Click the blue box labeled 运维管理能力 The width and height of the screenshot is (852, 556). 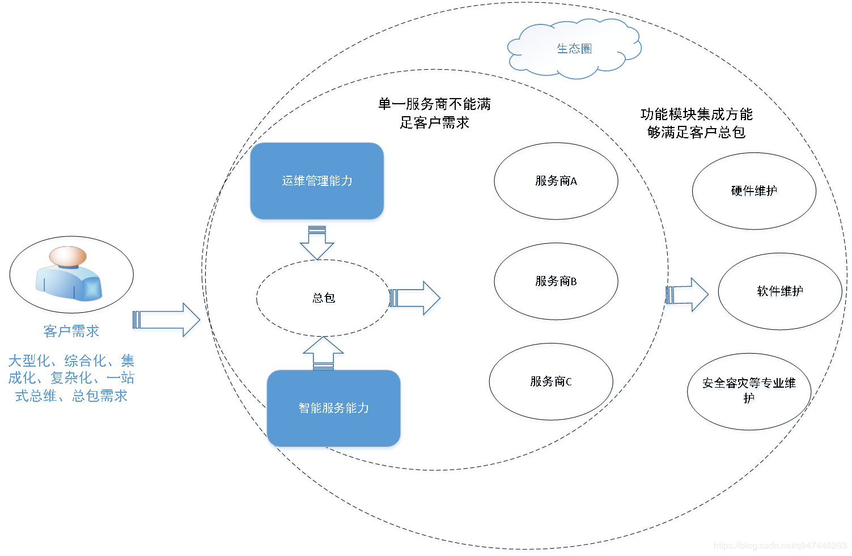tap(317, 181)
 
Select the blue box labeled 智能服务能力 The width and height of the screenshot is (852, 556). tap(333, 408)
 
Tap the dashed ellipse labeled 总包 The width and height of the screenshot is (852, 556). tap(323, 298)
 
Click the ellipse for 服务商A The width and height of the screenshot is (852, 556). tap(556, 181)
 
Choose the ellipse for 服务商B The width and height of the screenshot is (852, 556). tap(556, 282)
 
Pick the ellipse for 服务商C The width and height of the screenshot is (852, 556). tap(551, 382)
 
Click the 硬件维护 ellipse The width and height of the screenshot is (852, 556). tap(754, 191)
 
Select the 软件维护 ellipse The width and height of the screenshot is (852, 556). tap(780, 291)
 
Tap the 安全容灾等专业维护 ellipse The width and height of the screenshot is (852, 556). tap(749, 391)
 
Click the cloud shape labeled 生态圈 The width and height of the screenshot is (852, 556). tap(574, 49)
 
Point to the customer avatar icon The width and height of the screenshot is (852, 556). tap(69, 273)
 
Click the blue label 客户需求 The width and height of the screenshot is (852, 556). tap(71, 331)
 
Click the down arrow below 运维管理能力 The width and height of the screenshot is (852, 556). tap(317, 243)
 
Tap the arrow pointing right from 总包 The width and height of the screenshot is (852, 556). tap(415, 298)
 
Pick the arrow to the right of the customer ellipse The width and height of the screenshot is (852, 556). tap(166, 320)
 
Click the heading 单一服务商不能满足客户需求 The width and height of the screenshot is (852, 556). tap(435, 113)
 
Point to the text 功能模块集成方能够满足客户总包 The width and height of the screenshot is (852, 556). tap(696, 123)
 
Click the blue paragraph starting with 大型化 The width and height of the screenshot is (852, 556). tap(71, 378)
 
